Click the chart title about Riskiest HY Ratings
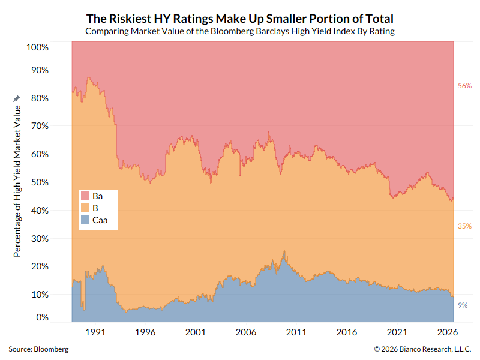point(239,19)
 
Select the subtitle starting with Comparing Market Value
point(240,31)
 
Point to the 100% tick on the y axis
point(37,47)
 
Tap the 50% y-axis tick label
point(40,182)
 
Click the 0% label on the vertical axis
point(42,317)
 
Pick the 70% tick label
point(40,126)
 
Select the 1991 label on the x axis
point(95,332)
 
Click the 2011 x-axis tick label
point(296,332)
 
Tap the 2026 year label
point(448,332)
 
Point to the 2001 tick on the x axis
point(196,332)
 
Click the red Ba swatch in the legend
point(85,196)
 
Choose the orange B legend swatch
point(85,208)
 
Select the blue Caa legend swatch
point(85,220)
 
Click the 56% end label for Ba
point(464,86)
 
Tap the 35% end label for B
point(464,226)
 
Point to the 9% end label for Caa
point(463,305)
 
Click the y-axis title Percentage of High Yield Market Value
point(17,181)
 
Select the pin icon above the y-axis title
point(17,98)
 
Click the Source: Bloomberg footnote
point(38,349)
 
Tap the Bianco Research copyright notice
point(422,349)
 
